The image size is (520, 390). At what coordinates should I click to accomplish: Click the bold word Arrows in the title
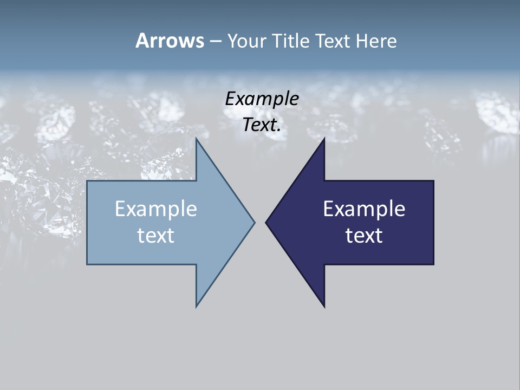170,41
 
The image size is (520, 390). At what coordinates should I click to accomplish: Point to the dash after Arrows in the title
215,41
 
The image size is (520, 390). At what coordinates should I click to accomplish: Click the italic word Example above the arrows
262,99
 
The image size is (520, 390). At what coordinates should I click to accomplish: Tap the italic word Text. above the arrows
262,125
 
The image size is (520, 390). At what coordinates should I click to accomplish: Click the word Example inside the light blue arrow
155,209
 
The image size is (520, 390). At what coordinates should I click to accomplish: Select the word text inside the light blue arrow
155,235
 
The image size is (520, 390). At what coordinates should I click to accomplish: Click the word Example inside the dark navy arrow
364,209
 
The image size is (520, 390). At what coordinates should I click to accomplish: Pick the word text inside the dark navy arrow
364,235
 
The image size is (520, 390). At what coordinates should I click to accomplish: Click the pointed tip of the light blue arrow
254,222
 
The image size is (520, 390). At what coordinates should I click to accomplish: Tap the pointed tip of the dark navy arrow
266,222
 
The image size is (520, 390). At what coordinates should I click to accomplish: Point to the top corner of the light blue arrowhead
197,139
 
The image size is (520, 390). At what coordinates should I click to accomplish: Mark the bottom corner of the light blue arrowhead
197,306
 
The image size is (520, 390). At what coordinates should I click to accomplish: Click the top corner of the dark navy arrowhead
324,139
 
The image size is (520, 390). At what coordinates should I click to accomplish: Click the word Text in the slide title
333,41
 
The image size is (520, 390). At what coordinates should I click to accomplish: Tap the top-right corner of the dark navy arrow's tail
433,181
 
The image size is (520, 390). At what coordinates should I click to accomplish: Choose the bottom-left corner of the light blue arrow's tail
88,264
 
